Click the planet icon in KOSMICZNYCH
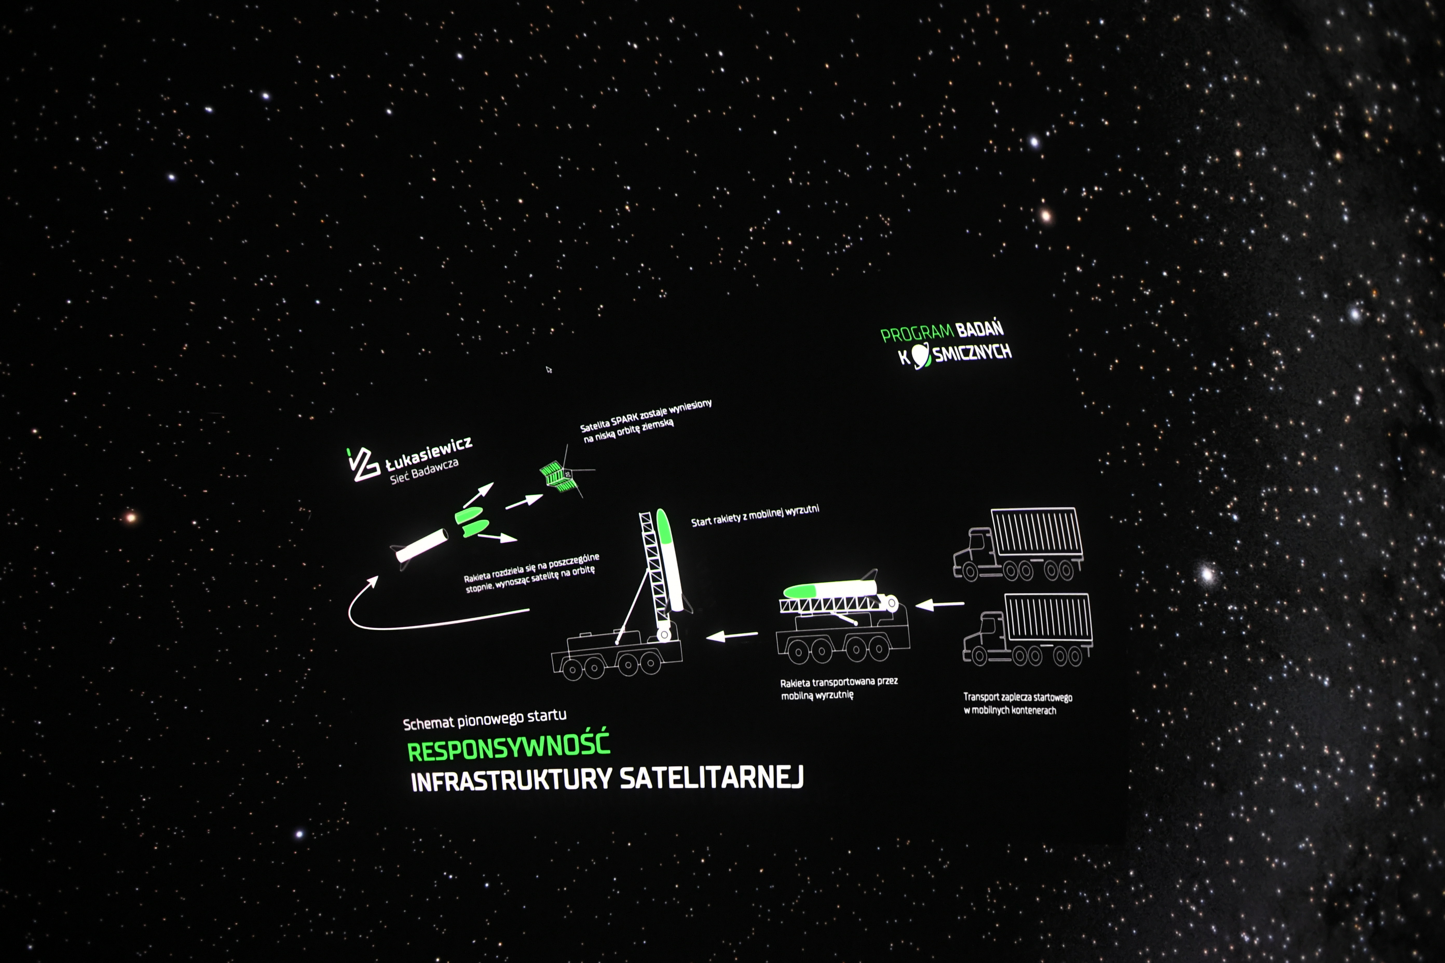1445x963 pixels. coord(920,356)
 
